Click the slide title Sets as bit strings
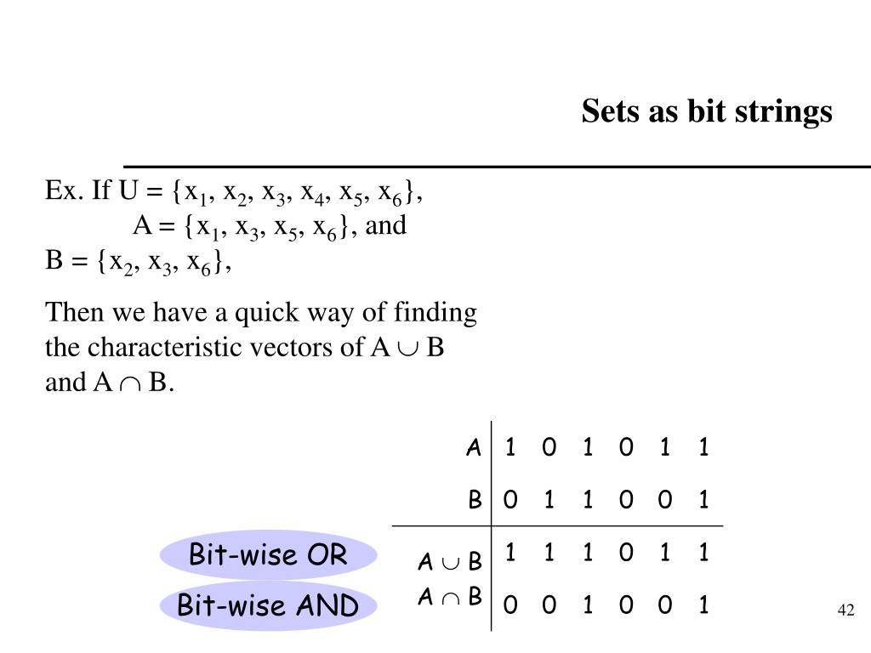(707, 111)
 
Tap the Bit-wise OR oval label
(268, 555)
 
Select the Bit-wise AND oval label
(268, 606)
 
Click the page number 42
(845, 610)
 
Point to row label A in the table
(474, 448)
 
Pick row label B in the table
(475, 500)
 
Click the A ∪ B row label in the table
(450, 562)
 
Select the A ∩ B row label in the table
(450, 597)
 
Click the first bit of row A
(510, 447)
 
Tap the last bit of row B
(703, 500)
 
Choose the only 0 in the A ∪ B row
(626, 554)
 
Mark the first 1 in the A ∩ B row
(587, 605)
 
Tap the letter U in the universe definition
(128, 191)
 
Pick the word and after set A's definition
(386, 226)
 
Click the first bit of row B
(510, 500)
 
